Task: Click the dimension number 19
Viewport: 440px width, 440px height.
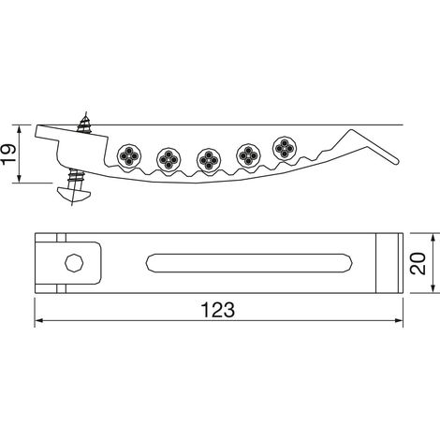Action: pyautogui.click(x=8, y=154)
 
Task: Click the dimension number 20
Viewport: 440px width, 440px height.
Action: pyautogui.click(x=418, y=264)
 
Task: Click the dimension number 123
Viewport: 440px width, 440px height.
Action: pyautogui.click(x=217, y=310)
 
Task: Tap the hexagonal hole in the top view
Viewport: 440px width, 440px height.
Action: pyautogui.click(x=74, y=263)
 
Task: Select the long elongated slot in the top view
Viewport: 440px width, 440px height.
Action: pyautogui.click(x=249, y=263)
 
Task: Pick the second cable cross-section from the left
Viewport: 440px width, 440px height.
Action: pyautogui.click(x=169, y=159)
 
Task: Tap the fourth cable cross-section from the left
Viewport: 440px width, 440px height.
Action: pyautogui.click(x=248, y=155)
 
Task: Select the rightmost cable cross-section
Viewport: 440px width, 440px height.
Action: pyautogui.click(x=285, y=149)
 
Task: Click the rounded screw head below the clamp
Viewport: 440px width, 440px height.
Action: pyautogui.click(x=74, y=194)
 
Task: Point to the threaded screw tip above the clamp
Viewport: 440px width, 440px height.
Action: pyautogui.click(x=84, y=123)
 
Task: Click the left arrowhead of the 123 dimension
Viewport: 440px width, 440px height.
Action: pyautogui.click(x=38, y=320)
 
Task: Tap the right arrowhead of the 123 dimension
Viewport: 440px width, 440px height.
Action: pyautogui.click(x=399, y=320)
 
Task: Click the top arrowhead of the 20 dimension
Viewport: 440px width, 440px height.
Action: pyautogui.click(x=433, y=237)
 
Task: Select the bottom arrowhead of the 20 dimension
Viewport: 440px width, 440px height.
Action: pyautogui.click(x=433, y=288)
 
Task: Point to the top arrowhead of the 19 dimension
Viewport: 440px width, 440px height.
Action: pyautogui.click(x=20, y=129)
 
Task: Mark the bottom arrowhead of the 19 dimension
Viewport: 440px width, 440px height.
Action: pyautogui.click(x=20, y=178)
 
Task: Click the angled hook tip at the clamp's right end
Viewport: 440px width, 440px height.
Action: pyautogui.click(x=395, y=161)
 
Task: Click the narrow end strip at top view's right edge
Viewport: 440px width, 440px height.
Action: pyautogui.click(x=401, y=263)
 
